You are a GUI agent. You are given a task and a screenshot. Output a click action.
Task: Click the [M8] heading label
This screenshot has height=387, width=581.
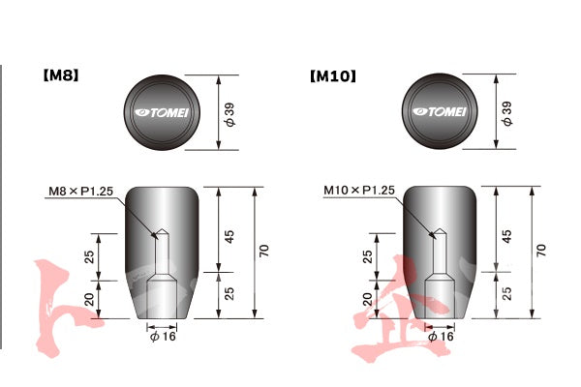tap(59, 74)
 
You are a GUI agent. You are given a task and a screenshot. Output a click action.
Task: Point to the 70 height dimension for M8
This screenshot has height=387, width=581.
tap(262, 250)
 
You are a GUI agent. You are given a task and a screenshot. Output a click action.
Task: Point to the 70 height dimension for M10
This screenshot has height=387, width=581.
tap(540, 250)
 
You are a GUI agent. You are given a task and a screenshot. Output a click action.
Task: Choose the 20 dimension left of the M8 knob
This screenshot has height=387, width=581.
tap(90, 299)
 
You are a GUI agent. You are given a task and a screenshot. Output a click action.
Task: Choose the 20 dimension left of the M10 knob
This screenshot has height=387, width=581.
tap(368, 299)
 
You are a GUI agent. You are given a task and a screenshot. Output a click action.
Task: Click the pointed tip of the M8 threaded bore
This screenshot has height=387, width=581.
tap(161, 231)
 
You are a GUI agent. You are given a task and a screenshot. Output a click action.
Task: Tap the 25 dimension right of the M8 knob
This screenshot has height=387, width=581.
tap(229, 293)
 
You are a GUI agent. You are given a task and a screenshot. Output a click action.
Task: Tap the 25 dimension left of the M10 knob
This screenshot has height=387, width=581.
tap(368, 256)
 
